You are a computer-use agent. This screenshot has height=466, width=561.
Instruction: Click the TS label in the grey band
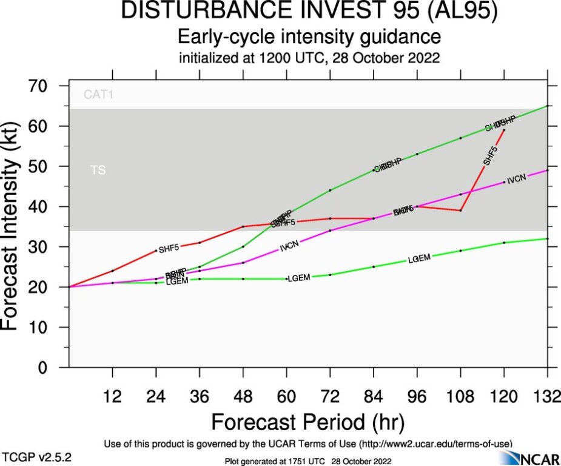point(98,171)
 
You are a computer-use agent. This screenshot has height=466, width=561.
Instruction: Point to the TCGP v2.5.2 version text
point(37,456)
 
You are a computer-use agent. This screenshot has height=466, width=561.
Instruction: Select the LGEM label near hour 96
point(419,258)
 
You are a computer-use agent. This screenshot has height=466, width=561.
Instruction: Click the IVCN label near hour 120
point(516,180)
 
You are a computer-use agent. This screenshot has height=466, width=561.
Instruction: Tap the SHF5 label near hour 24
point(169,248)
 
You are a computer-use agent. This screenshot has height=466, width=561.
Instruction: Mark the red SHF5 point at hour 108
point(461,211)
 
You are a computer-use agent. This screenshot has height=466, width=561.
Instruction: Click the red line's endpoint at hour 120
point(504,130)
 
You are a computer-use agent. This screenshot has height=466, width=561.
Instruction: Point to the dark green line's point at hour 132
point(548,106)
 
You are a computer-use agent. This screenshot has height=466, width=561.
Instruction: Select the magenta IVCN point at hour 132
point(548,171)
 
